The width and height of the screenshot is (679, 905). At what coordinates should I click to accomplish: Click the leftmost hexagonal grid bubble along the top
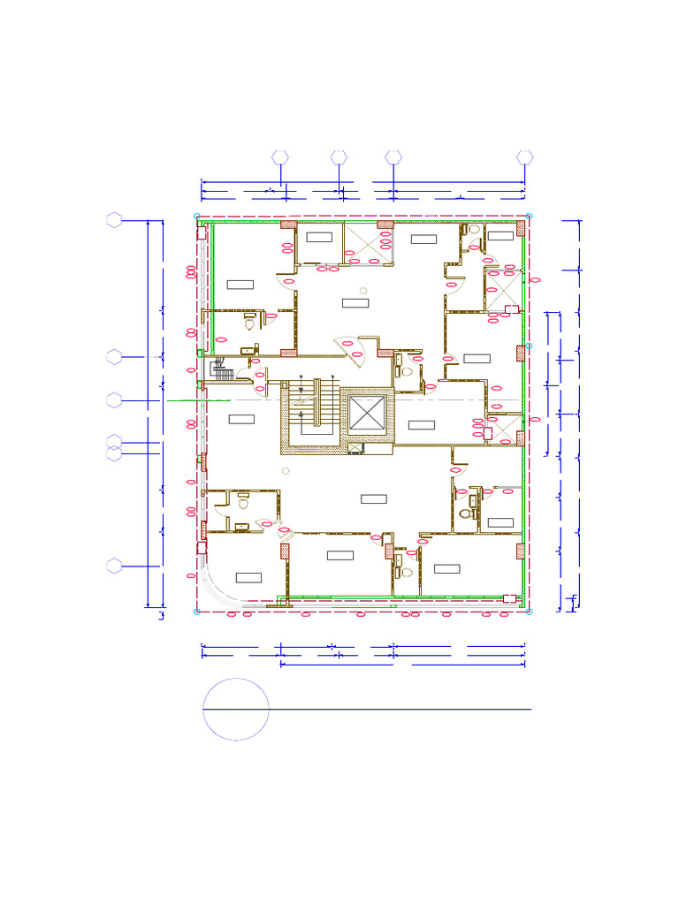[280, 157]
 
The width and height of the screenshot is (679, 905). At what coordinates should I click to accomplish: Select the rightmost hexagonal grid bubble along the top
[525, 157]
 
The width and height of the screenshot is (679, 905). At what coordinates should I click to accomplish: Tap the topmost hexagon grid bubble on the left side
[114, 221]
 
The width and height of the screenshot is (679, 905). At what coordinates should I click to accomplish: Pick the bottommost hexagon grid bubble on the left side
[114, 567]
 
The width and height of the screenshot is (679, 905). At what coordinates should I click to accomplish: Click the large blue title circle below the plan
[236, 709]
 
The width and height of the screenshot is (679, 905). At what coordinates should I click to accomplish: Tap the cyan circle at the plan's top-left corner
[196, 216]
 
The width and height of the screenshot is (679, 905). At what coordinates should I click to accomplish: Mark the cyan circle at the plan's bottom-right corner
[529, 611]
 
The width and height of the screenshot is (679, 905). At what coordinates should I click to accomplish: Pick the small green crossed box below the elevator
[355, 448]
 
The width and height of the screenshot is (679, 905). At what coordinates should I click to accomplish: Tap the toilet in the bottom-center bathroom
[406, 572]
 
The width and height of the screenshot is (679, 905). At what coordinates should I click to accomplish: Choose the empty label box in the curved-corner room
[248, 577]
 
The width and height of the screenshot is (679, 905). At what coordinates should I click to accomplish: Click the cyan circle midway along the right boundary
[530, 346]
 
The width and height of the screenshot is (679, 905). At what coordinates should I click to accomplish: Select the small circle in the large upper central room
[362, 291]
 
